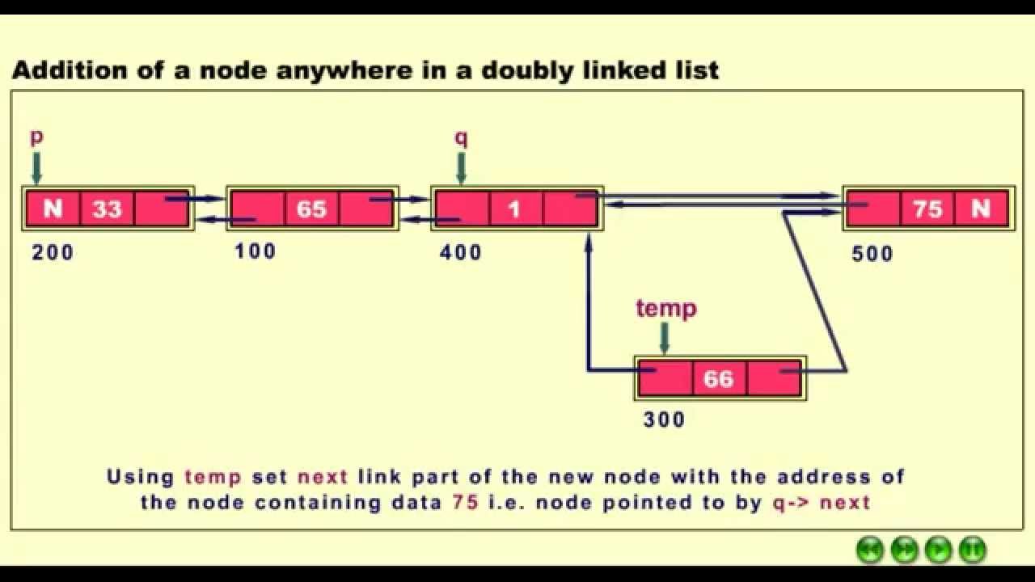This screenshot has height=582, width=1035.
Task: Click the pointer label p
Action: (x=36, y=137)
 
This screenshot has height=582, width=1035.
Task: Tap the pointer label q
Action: (x=461, y=137)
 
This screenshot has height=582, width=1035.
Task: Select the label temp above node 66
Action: (x=665, y=308)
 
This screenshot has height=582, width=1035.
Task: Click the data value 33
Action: (x=107, y=209)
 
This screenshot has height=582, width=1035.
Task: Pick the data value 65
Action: (x=311, y=209)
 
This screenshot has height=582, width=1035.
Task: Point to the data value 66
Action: (x=719, y=378)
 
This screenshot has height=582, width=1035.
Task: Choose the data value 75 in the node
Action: (x=927, y=209)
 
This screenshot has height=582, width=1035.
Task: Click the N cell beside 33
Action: (x=53, y=209)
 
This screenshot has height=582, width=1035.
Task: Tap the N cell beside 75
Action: (x=981, y=209)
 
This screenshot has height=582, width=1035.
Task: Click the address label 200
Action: (x=53, y=253)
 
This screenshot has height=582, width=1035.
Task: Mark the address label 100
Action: (x=256, y=251)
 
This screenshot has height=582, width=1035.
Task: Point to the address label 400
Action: (x=461, y=253)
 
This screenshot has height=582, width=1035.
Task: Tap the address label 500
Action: (x=872, y=254)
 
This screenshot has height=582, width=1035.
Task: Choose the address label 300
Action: (x=664, y=420)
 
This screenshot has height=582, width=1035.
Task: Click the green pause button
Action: (x=973, y=550)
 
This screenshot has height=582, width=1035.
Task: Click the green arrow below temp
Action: (x=665, y=338)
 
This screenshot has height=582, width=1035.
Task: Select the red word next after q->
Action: (x=845, y=503)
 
